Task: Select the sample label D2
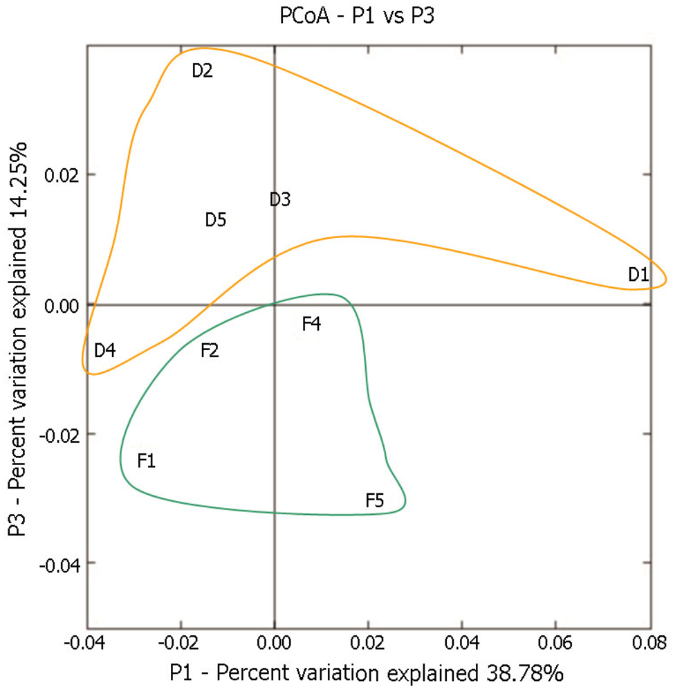coord(202,71)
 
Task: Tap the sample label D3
coord(280,200)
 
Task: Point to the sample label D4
coord(105,351)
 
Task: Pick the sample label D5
coord(216,221)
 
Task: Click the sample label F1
coord(146,460)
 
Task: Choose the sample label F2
coord(210,351)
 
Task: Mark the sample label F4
coord(311,324)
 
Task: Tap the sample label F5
coord(375,500)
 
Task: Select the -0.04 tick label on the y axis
coord(59,565)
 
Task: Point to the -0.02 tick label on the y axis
coord(59,435)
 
